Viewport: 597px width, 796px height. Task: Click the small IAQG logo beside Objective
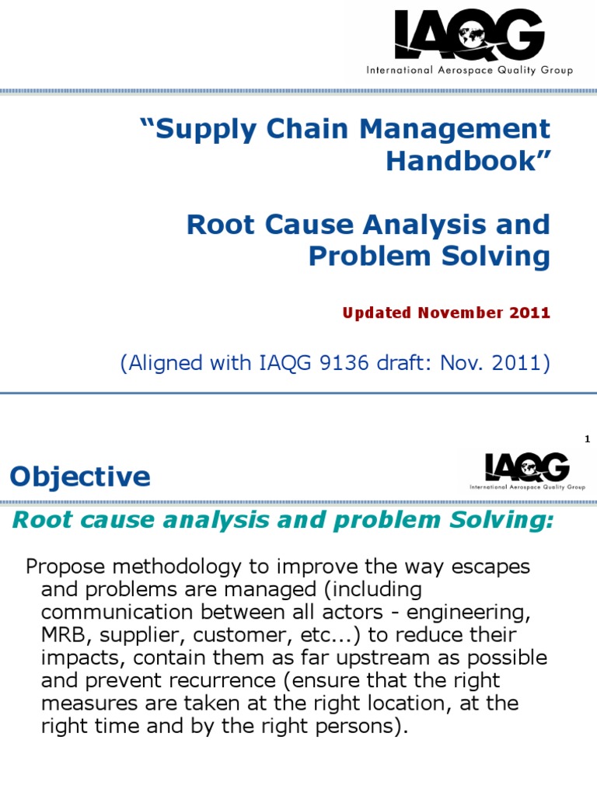coord(527,470)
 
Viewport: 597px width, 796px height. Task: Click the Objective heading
coord(80,477)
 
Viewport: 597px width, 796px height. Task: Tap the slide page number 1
coord(588,440)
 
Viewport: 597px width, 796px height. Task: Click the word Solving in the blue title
coord(496,257)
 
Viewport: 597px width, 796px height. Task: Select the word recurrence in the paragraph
coord(209,682)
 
